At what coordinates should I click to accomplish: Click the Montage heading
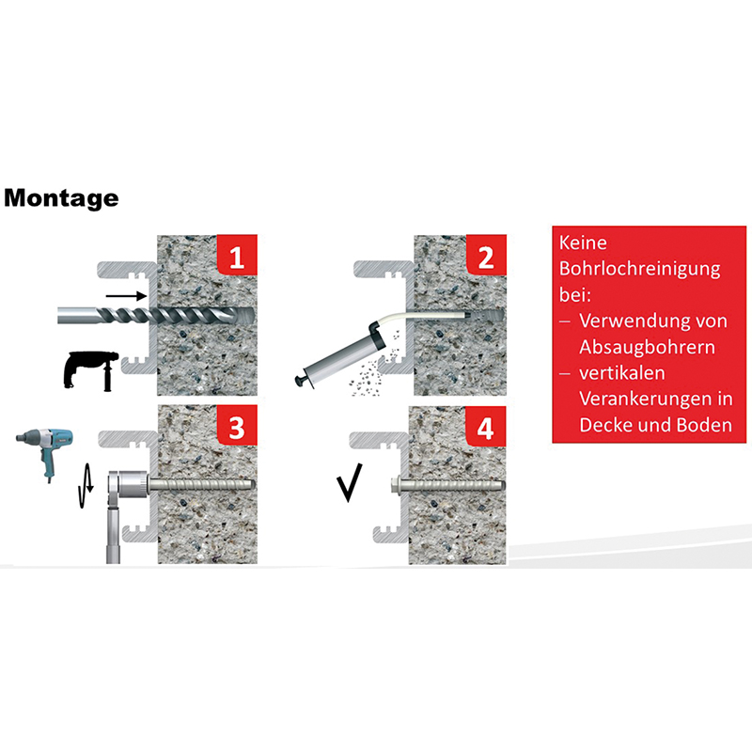pyautogui.click(x=61, y=198)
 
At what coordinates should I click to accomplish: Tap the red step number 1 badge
pyautogui.click(x=237, y=255)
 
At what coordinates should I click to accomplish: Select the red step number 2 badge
pyautogui.click(x=486, y=255)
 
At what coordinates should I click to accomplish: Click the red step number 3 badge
pyautogui.click(x=237, y=425)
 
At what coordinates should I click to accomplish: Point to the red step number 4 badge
pyautogui.click(x=486, y=427)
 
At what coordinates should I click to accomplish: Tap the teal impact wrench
pyautogui.click(x=44, y=452)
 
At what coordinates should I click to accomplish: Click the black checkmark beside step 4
pyautogui.click(x=350, y=483)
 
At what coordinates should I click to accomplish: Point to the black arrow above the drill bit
pyautogui.click(x=126, y=296)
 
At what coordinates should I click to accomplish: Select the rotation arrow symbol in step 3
pyautogui.click(x=86, y=485)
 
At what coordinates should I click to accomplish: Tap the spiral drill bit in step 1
pyautogui.click(x=156, y=315)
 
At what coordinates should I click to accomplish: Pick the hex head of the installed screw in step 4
pyautogui.click(x=397, y=483)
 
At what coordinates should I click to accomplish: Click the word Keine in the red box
pyautogui.click(x=583, y=243)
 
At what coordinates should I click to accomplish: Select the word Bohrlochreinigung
pyautogui.click(x=640, y=269)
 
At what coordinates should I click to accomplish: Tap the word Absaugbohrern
pyautogui.click(x=647, y=347)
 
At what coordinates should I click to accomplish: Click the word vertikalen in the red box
pyautogui.click(x=622, y=373)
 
